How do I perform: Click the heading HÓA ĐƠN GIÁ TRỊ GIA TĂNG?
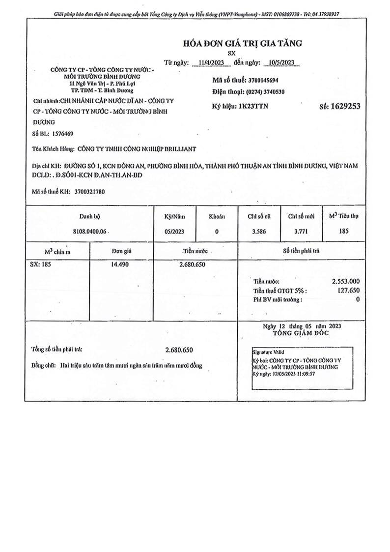point(242,43)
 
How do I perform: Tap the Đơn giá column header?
point(121,251)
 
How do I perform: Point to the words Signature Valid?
point(268,352)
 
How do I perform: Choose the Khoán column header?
point(217,216)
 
